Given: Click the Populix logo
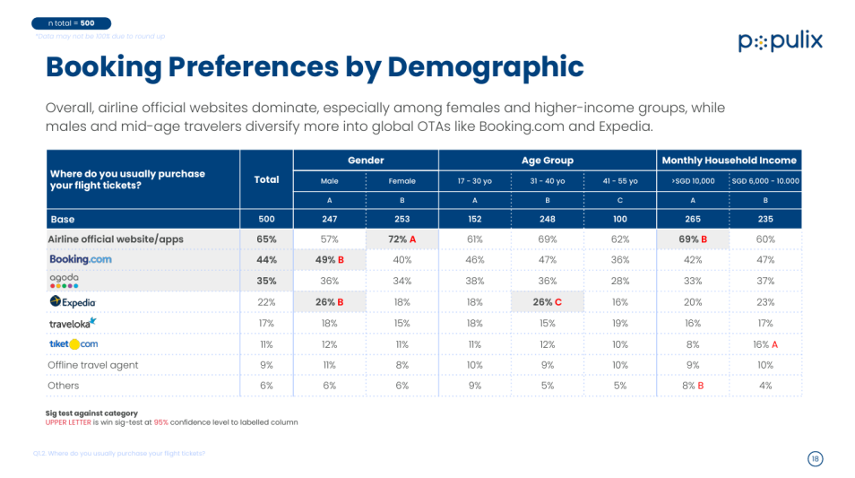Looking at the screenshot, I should (x=780, y=41).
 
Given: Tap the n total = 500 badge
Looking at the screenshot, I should (x=71, y=22).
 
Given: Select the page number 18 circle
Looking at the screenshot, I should (x=815, y=458).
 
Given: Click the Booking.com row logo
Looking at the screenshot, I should (x=80, y=259).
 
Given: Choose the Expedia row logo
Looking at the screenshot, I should (x=73, y=302).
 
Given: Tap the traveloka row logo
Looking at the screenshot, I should (x=73, y=323).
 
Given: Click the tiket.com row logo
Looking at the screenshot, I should (x=73, y=343).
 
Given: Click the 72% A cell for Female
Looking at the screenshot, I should (x=402, y=239).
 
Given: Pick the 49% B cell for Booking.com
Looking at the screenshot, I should (x=329, y=260).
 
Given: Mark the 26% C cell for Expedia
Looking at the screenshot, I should (x=547, y=302).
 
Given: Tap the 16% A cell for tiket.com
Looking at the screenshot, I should (x=764, y=343).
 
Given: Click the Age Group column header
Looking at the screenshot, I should (x=547, y=161).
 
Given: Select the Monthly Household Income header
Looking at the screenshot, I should (x=729, y=161).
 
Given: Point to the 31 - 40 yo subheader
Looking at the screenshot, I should (x=547, y=181).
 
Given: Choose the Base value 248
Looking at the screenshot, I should (x=547, y=219).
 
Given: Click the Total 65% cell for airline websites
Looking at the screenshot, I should (x=266, y=239).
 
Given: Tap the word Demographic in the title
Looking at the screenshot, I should (x=486, y=67).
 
